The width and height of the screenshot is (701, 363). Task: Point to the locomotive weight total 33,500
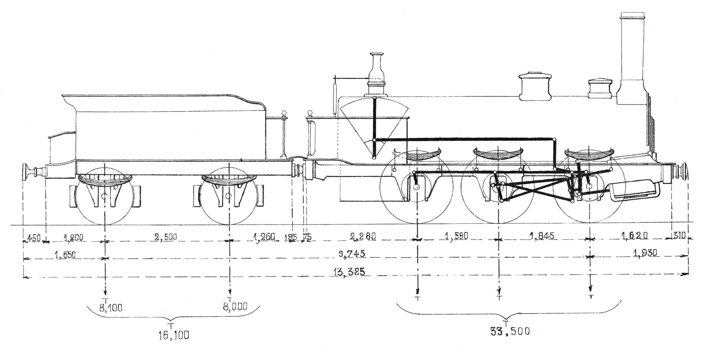coord(510,332)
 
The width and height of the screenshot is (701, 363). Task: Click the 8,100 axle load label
coord(111,308)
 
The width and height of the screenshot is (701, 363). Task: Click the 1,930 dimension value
coord(646,253)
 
